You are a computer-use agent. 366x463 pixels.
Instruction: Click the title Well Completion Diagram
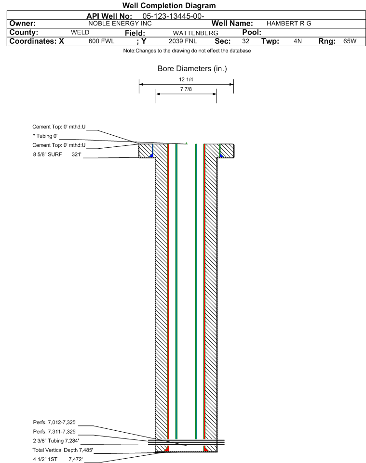click(169, 6)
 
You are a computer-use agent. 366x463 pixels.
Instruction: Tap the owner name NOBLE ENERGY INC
click(120, 23)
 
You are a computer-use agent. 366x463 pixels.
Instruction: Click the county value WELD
click(80, 32)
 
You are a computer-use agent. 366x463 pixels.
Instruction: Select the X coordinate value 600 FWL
click(101, 41)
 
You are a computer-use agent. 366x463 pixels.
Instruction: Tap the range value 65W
click(350, 41)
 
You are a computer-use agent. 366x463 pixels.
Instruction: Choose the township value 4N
click(298, 41)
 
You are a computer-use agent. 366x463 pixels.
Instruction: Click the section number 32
click(245, 41)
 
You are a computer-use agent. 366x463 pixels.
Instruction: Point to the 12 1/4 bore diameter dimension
click(186, 79)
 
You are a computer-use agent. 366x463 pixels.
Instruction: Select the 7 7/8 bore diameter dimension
click(186, 90)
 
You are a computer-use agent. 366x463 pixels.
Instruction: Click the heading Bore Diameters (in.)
click(192, 69)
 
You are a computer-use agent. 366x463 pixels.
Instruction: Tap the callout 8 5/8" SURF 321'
click(56, 154)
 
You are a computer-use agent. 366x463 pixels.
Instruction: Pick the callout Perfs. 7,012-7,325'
click(54, 423)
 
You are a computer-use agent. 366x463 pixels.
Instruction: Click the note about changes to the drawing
click(187, 51)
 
